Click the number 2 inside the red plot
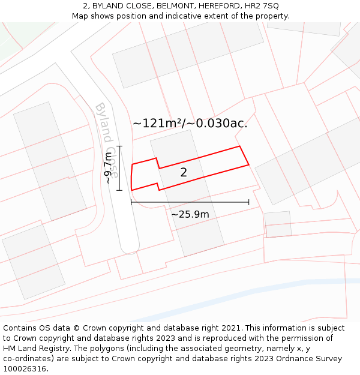point(184,173)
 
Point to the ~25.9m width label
point(190,214)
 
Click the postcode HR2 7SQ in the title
point(262,5)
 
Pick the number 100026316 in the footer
point(25,369)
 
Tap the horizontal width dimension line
point(190,202)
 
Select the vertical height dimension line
point(119,168)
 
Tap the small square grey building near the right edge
point(277,224)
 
